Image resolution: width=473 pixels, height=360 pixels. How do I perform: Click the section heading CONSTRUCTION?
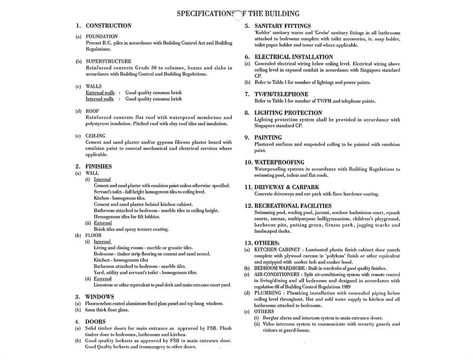pyautogui.click(x=108, y=26)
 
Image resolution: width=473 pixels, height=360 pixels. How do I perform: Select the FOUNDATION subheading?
pyautogui.click(x=102, y=37)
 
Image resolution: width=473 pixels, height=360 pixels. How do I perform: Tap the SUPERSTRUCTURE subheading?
pyautogui.click(x=108, y=61)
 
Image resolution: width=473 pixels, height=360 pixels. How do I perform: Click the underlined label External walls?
pyautogui.click(x=100, y=93)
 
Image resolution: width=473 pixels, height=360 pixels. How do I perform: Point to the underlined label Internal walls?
pyautogui.click(x=100, y=99)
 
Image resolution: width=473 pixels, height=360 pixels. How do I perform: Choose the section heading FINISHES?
pyautogui.click(x=98, y=166)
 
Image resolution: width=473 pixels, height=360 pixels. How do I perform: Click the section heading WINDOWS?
pyautogui.click(x=99, y=297)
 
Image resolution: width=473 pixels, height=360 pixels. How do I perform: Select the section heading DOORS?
pyautogui.click(x=95, y=322)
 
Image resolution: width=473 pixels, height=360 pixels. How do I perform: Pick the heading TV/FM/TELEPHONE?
pyautogui.click(x=281, y=94)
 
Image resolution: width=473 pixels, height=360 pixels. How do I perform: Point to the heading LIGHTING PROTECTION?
pyautogui.click(x=288, y=113)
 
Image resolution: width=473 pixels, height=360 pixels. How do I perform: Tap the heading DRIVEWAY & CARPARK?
pyautogui.click(x=286, y=187)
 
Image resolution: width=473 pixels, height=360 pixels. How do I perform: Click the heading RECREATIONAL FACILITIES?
pyautogui.click(x=293, y=206)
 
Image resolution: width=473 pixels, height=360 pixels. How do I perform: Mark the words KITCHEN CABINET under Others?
pyautogui.click(x=277, y=250)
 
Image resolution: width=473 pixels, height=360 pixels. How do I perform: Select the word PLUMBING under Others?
pyautogui.click(x=267, y=293)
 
